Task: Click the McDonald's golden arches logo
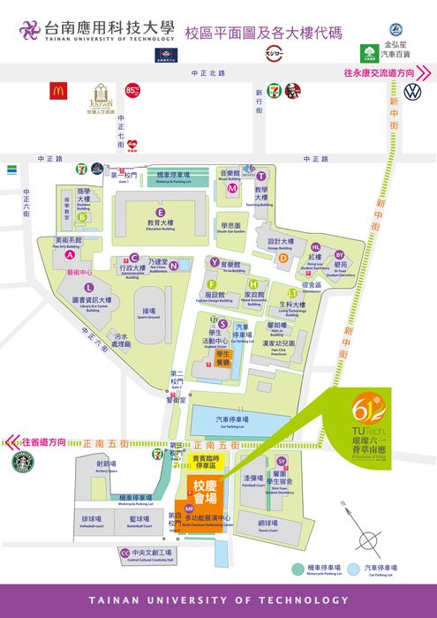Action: (x=59, y=90)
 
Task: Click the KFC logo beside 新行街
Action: (x=291, y=90)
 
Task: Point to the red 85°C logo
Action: (x=132, y=90)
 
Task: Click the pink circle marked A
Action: (x=69, y=255)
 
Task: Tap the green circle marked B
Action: (x=82, y=216)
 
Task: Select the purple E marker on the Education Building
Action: (x=160, y=213)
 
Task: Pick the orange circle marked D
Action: (x=283, y=259)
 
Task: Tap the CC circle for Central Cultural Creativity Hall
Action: (x=124, y=554)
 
